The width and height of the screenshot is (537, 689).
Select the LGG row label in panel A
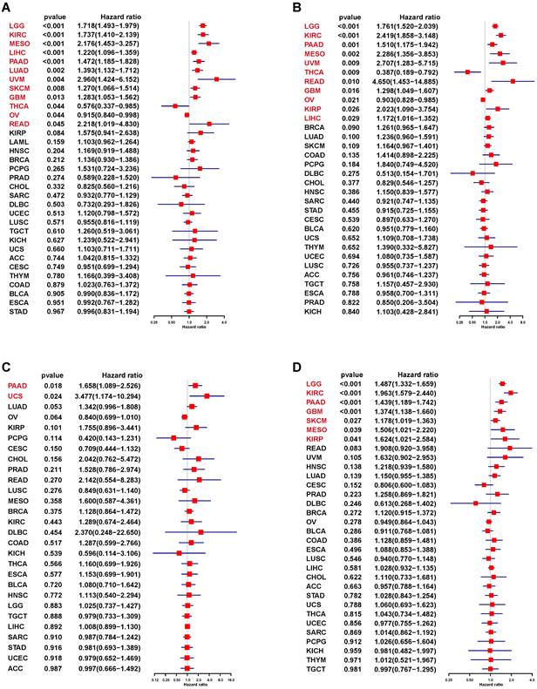pos(16,25)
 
